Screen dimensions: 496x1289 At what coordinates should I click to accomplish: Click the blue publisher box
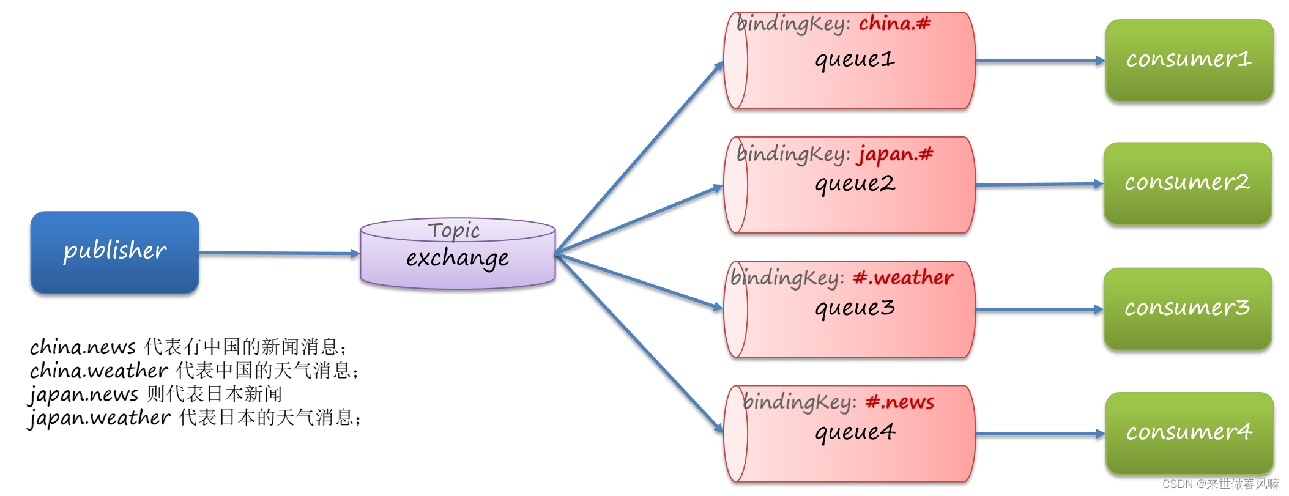(x=114, y=252)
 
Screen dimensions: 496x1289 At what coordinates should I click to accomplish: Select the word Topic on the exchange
(x=453, y=231)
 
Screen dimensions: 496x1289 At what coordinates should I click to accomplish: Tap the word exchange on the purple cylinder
(x=457, y=258)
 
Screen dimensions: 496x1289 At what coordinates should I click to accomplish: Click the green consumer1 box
(x=1189, y=60)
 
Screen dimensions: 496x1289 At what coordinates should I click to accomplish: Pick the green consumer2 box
(x=1187, y=183)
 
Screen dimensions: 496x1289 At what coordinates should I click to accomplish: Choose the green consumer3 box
(x=1187, y=308)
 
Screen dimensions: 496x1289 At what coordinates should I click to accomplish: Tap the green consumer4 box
(x=1189, y=432)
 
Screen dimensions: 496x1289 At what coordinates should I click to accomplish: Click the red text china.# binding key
(x=894, y=24)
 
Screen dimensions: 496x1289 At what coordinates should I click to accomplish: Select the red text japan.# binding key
(x=895, y=154)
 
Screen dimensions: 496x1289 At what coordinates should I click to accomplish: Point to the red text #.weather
(x=903, y=278)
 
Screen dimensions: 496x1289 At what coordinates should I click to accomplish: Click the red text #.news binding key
(x=899, y=402)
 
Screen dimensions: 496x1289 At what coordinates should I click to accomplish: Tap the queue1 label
(x=855, y=60)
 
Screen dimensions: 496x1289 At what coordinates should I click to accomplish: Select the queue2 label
(x=855, y=184)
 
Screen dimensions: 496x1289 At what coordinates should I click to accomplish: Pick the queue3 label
(x=855, y=308)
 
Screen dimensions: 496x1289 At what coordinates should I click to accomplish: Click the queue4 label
(x=855, y=433)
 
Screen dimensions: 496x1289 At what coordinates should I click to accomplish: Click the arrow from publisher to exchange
(x=278, y=253)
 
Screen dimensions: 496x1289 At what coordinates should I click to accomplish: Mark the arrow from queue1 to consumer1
(x=1040, y=61)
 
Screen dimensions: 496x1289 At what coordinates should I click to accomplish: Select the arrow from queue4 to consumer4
(x=1040, y=434)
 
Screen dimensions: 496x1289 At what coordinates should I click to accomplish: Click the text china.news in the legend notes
(x=83, y=347)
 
